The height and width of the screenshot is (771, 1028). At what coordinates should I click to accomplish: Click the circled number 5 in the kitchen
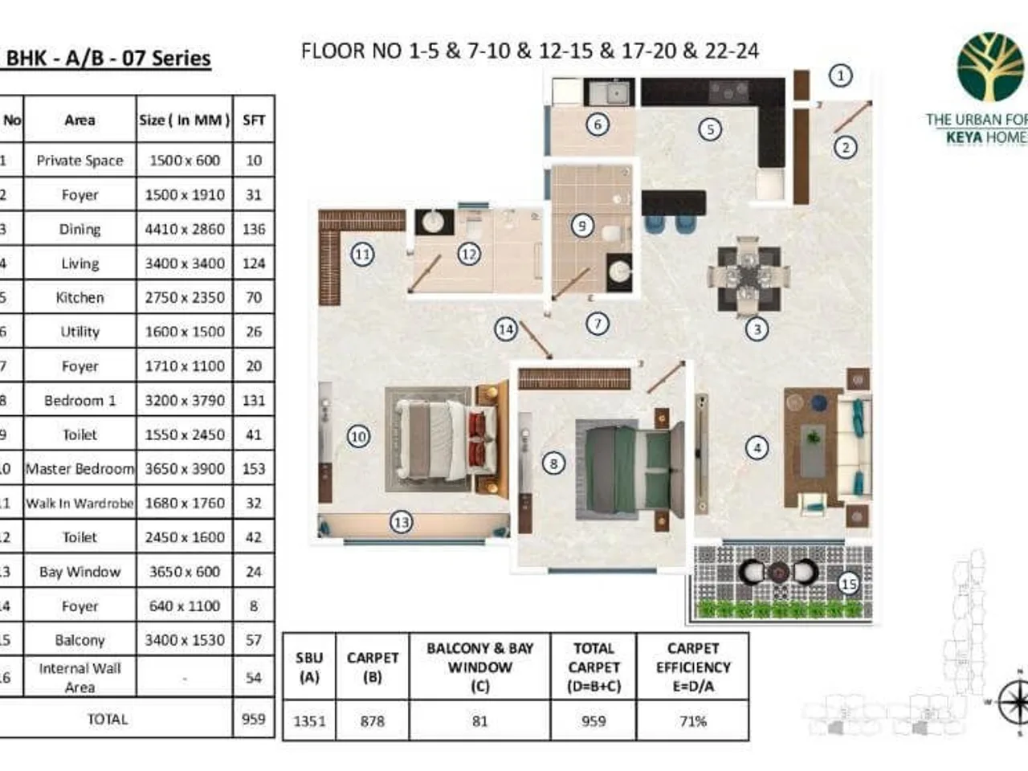(x=709, y=129)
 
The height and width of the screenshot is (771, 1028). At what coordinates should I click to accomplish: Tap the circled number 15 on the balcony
(x=848, y=584)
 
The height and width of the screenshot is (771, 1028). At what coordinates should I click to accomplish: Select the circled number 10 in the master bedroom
(x=358, y=437)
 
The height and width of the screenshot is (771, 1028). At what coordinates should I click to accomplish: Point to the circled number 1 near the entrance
(x=840, y=76)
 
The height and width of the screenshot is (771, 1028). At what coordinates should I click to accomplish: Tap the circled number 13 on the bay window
(x=401, y=523)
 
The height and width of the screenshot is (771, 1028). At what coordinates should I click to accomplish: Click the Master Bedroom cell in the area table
(x=80, y=469)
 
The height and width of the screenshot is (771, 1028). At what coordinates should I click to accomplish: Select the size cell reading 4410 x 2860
(x=185, y=229)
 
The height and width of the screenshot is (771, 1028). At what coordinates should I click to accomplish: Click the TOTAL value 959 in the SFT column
(x=253, y=719)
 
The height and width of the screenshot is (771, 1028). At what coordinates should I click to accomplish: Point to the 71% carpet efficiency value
(x=692, y=721)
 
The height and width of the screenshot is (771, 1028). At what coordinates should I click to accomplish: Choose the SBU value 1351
(x=309, y=721)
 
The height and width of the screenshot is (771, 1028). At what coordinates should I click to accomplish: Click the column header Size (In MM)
(x=185, y=120)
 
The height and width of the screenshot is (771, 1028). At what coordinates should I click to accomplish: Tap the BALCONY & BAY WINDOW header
(x=479, y=667)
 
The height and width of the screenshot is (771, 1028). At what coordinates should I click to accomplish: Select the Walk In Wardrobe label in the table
(x=80, y=504)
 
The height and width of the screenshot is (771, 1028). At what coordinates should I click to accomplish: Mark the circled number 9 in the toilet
(x=582, y=226)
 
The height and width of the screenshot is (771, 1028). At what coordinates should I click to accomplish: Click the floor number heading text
(x=530, y=51)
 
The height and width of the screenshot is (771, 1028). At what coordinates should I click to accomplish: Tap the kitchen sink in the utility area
(x=615, y=94)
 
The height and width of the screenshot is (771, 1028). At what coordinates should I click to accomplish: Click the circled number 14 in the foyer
(x=505, y=329)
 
